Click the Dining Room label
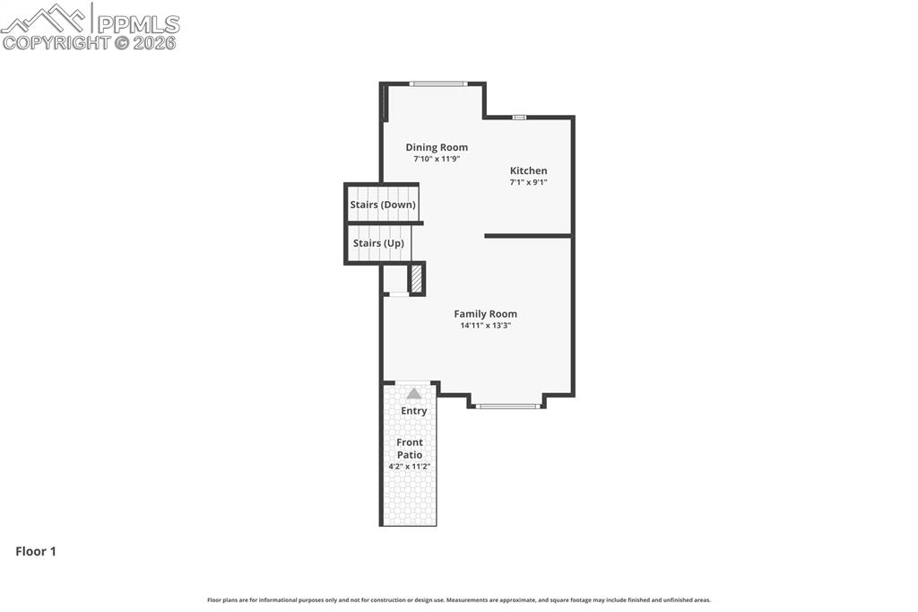tap(437, 147)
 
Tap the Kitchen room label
tap(528, 170)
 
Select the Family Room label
tap(485, 314)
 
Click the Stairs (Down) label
tap(383, 205)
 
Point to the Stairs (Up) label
tap(378, 243)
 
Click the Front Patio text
tap(410, 449)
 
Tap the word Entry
tap(413, 411)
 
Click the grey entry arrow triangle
tap(413, 393)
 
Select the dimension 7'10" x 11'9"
tap(437, 159)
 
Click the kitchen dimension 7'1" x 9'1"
tap(528, 182)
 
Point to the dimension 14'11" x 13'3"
tap(485, 326)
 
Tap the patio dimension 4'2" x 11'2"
tap(410, 467)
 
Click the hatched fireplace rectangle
tap(416, 278)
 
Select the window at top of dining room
tap(438, 84)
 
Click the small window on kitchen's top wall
tap(519, 117)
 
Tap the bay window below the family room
tap(507, 407)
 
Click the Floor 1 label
tap(36, 552)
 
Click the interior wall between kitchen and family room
tap(528, 236)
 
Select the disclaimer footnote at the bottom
tap(459, 600)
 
